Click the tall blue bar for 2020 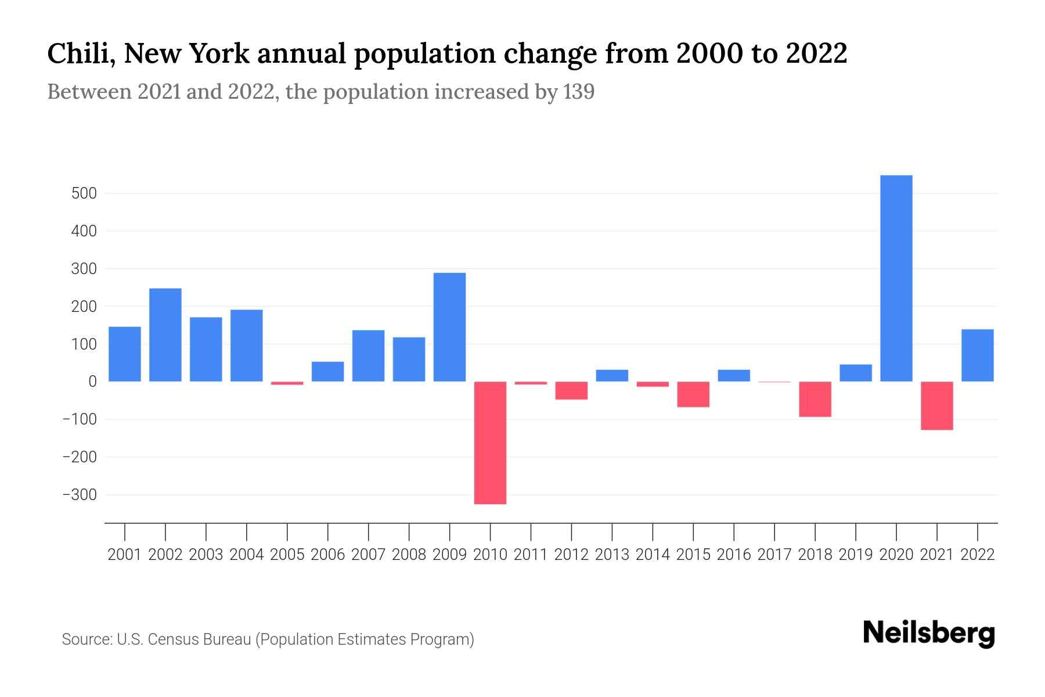coord(896,278)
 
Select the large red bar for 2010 coord(490,443)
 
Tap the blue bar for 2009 coord(449,327)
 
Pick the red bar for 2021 coord(936,405)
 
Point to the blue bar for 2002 coord(165,335)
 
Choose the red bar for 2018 coord(815,399)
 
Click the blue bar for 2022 coord(977,355)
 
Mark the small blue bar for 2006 coord(327,372)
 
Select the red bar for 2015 coord(693,394)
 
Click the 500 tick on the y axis coord(84,193)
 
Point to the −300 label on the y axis coord(80,495)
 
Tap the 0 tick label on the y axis coord(92,382)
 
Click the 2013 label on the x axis coord(612,555)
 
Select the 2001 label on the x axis coord(125,555)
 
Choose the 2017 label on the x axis coord(774,555)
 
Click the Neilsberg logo coord(929,633)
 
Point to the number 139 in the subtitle coord(578,92)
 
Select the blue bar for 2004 coord(246,346)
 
